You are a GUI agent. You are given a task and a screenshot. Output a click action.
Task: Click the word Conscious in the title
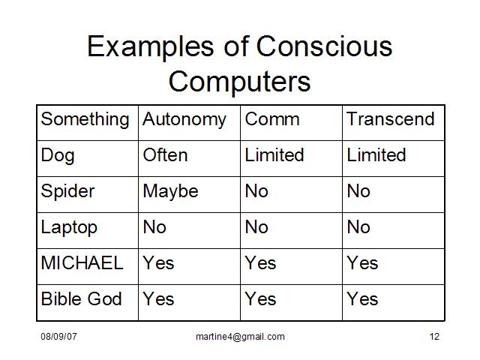pos(324,46)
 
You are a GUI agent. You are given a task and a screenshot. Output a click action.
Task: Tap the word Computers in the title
pos(240,82)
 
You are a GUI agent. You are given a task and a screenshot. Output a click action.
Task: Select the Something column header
pos(85,120)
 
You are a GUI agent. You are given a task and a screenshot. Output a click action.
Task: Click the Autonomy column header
pos(184,120)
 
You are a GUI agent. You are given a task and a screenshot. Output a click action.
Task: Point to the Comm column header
pos(272,119)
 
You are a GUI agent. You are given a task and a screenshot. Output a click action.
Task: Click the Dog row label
pos(58,156)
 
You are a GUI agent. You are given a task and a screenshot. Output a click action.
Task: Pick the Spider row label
pos(67,192)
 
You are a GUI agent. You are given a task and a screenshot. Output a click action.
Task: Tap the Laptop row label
pos(69,228)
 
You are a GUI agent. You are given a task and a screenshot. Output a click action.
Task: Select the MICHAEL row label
pos(82,262)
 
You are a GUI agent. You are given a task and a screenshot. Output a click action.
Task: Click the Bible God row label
pos(81,298)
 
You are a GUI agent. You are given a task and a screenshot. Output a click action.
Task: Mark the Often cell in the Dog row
pos(165,155)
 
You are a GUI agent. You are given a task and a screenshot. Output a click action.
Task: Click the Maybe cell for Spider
pos(170,192)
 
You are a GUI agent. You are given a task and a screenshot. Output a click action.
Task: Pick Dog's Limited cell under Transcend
pos(376,155)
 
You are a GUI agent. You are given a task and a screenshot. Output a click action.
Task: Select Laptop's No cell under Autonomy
pos(154,226)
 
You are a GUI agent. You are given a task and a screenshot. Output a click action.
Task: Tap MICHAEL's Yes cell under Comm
pos(260,262)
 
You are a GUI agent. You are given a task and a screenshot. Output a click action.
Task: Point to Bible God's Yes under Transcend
pos(362,298)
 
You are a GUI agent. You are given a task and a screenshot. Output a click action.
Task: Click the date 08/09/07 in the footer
pos(58,337)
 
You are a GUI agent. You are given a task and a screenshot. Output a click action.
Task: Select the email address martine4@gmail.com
pos(240,337)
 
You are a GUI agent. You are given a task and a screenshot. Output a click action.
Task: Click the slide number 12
pos(434,337)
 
